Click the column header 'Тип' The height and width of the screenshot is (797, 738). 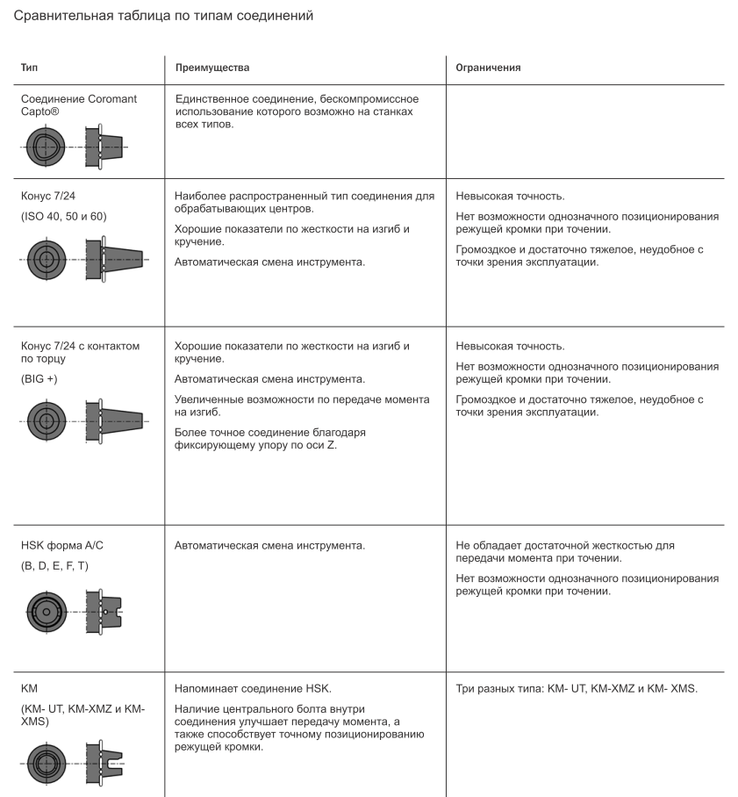(x=29, y=67)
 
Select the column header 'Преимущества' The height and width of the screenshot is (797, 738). (x=212, y=67)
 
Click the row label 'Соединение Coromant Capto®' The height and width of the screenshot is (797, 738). (x=78, y=104)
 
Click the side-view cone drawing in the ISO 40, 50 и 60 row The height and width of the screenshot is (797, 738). (x=118, y=260)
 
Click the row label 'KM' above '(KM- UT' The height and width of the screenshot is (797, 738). (x=29, y=689)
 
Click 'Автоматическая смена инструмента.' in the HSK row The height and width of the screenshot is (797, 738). (x=269, y=546)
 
